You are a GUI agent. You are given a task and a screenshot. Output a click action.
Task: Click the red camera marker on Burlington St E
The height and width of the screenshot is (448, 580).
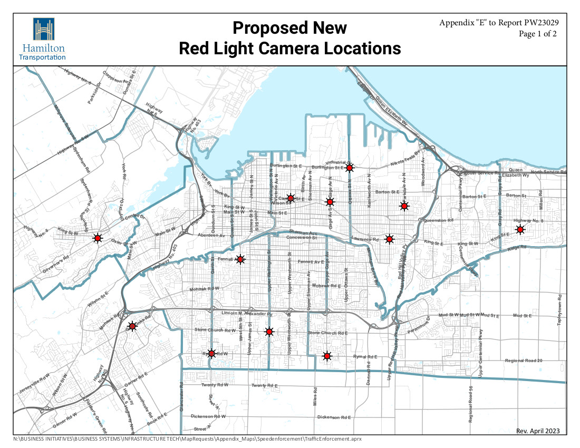(x=349, y=168)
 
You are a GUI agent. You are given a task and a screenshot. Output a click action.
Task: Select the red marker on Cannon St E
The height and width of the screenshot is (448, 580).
(x=290, y=198)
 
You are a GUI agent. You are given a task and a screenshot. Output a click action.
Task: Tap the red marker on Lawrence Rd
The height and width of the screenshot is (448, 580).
(x=389, y=239)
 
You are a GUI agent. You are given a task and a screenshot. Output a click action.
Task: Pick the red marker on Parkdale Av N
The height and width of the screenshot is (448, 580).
(x=404, y=206)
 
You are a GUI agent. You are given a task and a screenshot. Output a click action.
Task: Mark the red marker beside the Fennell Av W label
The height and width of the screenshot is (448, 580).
(x=240, y=259)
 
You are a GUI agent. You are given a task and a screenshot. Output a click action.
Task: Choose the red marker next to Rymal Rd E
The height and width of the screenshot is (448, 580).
(x=327, y=356)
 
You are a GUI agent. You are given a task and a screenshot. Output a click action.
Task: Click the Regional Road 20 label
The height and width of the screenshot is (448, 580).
(x=524, y=361)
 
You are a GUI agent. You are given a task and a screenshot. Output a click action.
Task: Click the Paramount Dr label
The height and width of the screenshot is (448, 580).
(x=418, y=323)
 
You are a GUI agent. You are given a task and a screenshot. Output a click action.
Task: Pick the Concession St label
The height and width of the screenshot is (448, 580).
(x=301, y=238)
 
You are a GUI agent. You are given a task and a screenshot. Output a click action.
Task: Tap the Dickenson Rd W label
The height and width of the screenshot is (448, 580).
(x=208, y=416)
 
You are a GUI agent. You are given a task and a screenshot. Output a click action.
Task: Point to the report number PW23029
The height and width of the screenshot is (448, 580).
(x=539, y=23)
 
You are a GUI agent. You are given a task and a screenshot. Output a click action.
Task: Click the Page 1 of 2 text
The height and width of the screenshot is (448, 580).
(x=538, y=34)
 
